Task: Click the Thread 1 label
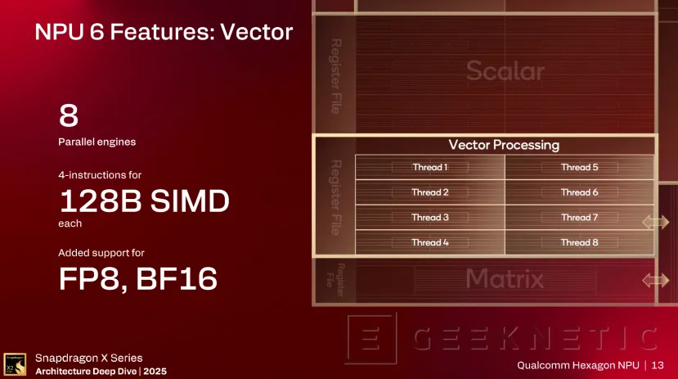coord(430,168)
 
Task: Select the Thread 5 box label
coord(579,168)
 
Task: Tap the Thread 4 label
coord(430,243)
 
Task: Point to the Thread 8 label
coord(579,243)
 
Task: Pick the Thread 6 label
coord(579,192)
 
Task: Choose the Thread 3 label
coord(430,218)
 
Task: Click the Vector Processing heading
coord(504,145)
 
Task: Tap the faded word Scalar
coord(505,70)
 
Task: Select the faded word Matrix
coord(505,278)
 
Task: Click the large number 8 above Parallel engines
coord(69,115)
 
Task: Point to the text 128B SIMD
coord(145,201)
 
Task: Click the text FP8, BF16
coord(138,278)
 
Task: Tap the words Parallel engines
coord(97,142)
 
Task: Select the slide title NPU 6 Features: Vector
coord(164,32)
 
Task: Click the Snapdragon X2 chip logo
coord(15,364)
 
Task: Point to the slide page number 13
coord(658,365)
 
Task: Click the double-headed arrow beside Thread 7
coord(656,223)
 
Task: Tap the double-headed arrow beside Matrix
coord(656,280)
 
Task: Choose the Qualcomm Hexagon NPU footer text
coord(578,366)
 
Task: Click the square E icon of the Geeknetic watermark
coord(372,338)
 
